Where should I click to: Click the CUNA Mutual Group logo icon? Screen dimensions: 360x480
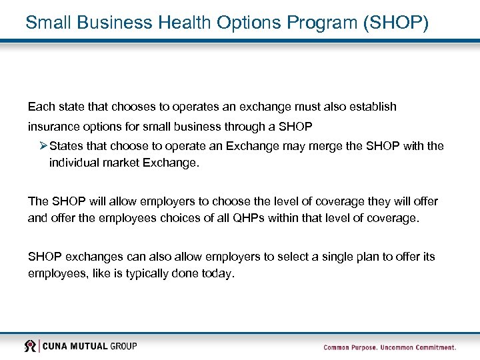[30, 345]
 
